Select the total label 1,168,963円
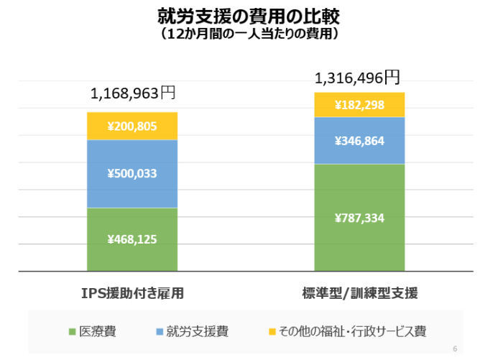point(132,93)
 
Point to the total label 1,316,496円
point(357,76)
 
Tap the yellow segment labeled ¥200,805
point(132,126)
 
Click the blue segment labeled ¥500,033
point(132,173)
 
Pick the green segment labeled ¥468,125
point(132,239)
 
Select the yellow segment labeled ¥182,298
point(359,105)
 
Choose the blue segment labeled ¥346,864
point(359,141)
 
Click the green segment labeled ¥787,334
point(359,218)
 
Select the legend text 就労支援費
point(198,331)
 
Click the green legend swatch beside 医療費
point(72,332)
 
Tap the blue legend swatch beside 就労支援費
point(160,332)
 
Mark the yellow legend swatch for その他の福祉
point(272,332)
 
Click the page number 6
point(455,349)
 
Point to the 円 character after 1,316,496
point(391,75)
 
